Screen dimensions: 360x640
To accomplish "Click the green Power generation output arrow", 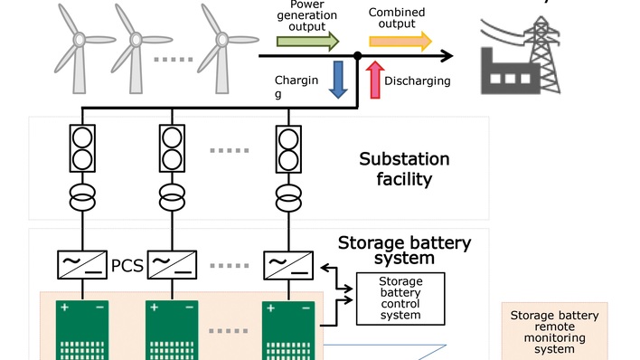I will [x=307, y=41].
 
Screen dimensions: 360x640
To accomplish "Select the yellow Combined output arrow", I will [x=400, y=41].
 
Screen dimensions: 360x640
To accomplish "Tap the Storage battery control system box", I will [x=400, y=298].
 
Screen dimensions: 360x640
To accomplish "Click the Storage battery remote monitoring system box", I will [x=554, y=331].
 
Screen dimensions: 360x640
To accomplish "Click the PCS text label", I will [x=127, y=268].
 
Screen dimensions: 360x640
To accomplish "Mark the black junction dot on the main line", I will [x=358, y=56].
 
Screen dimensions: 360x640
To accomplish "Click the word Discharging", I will [x=418, y=81].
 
